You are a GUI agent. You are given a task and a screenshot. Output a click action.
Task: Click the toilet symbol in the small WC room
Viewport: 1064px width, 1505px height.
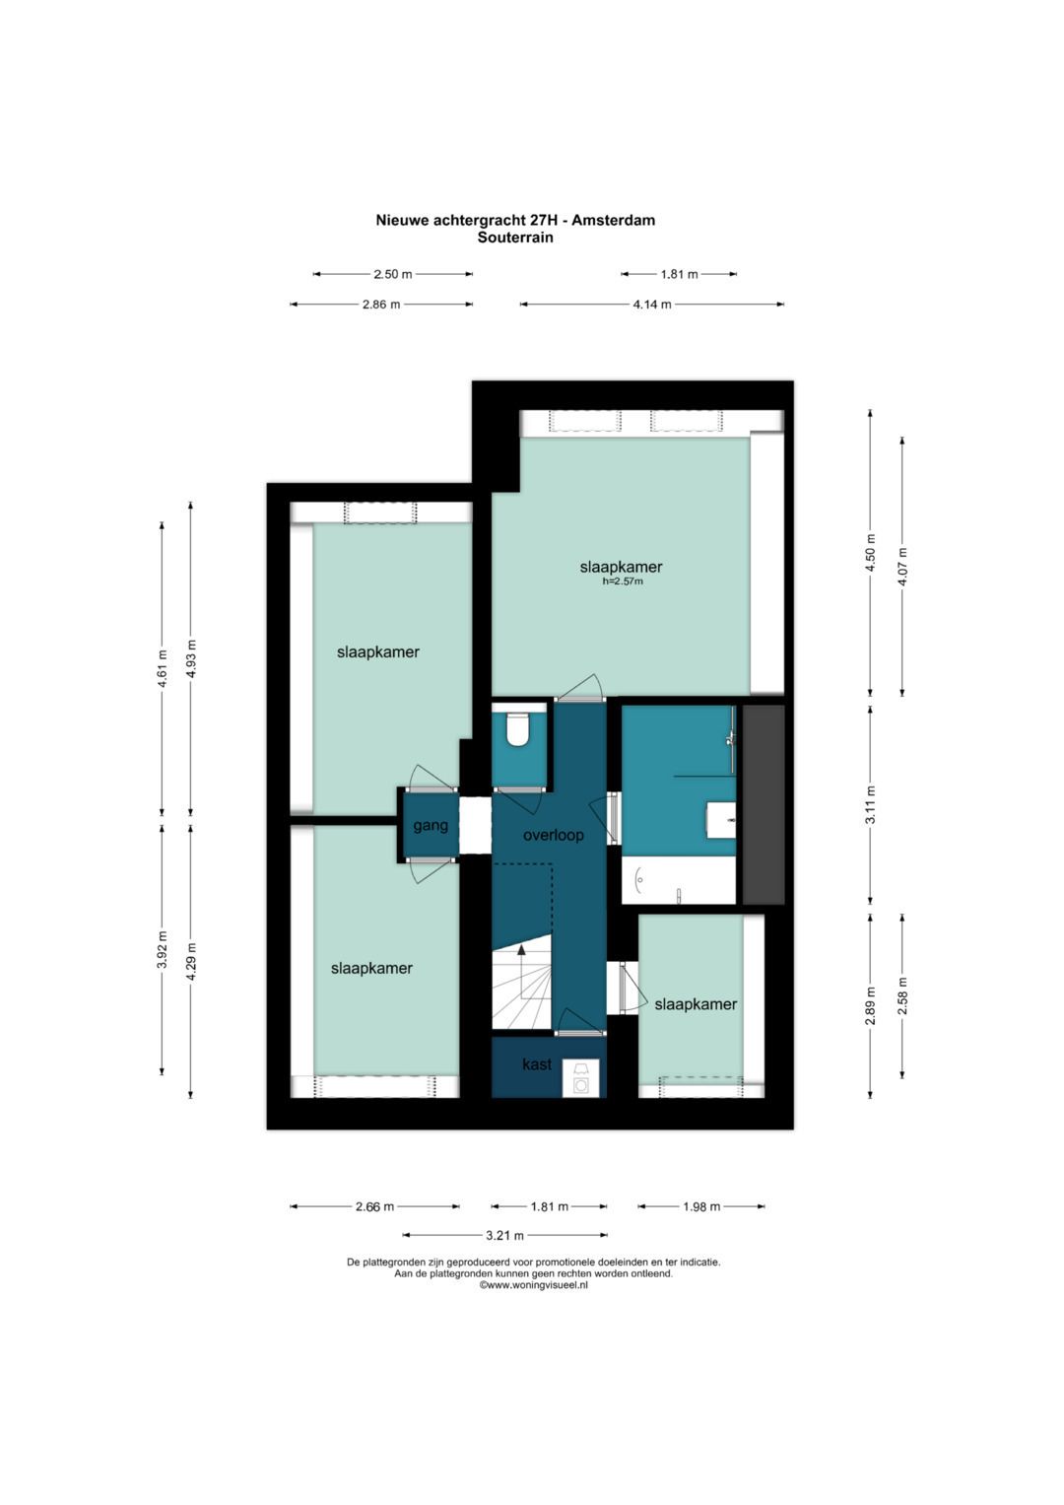click(517, 729)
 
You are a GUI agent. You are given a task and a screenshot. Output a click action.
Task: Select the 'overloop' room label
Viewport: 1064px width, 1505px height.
click(553, 835)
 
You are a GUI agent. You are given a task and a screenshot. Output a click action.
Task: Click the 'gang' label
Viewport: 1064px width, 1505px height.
click(430, 826)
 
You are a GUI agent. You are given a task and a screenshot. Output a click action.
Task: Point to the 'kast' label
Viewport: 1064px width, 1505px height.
click(537, 1064)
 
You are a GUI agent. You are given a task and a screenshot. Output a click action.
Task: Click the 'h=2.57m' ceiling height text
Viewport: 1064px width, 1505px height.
click(622, 581)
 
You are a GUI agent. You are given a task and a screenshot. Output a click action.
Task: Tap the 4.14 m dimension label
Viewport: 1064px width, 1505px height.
click(651, 305)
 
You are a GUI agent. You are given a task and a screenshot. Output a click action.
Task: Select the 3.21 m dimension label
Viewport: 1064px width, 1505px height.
click(504, 1235)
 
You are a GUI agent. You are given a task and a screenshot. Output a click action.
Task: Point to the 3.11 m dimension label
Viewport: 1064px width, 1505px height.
click(871, 805)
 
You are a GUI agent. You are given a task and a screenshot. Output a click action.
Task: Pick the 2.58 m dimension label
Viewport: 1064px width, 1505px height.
click(902, 996)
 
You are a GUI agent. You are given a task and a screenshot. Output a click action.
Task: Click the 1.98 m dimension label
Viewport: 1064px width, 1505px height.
click(701, 1206)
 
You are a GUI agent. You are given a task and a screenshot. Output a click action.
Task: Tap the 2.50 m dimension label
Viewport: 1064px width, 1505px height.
click(393, 274)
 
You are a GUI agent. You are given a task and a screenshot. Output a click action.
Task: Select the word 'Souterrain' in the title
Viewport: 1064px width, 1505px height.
click(515, 238)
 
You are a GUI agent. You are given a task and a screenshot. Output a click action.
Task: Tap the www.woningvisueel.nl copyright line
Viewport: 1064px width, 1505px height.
click(533, 1285)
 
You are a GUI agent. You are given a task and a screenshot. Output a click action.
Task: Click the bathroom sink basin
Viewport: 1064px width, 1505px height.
click(721, 820)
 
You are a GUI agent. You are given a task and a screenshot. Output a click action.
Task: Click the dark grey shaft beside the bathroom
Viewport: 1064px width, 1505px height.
click(764, 804)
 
